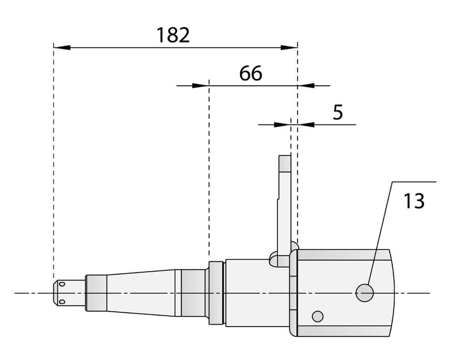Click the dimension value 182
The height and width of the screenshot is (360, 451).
(x=174, y=35)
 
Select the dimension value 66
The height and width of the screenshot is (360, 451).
(x=251, y=73)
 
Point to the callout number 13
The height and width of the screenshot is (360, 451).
(x=414, y=201)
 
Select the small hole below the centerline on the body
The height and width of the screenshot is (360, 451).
(x=319, y=315)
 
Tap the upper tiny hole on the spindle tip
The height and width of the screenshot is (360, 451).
(x=64, y=283)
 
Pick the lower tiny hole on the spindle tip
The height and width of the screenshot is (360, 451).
(x=64, y=303)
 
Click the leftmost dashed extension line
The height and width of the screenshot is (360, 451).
(x=54, y=169)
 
